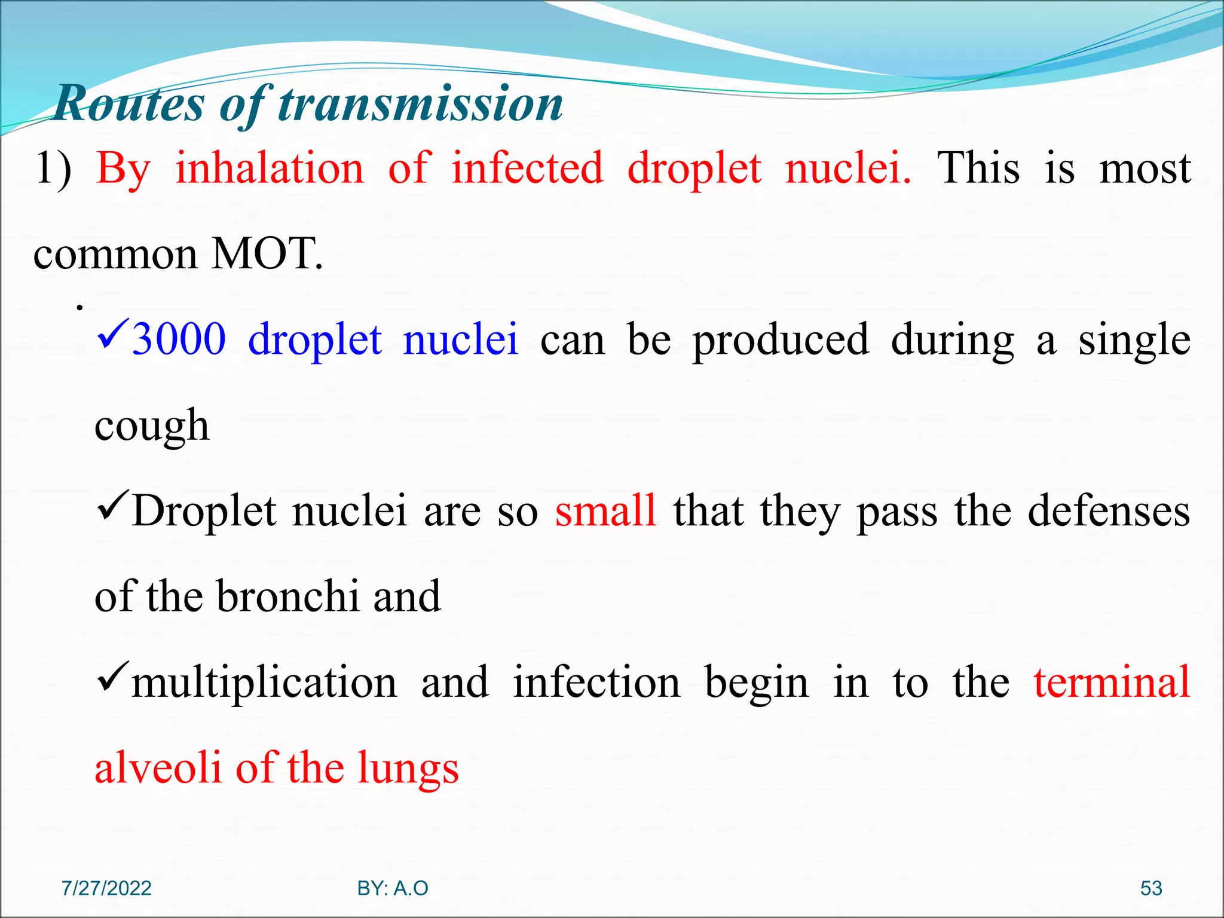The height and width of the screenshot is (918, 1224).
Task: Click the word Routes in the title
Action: pyautogui.click(x=129, y=103)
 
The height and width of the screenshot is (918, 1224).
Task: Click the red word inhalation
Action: pyautogui.click(x=269, y=168)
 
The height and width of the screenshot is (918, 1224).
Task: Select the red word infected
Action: pyautogui.click(x=527, y=168)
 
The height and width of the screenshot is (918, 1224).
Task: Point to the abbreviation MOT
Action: pyautogui.click(x=267, y=254)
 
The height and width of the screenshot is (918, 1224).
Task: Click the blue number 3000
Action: pyautogui.click(x=179, y=339)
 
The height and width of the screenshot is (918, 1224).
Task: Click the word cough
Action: pyautogui.click(x=152, y=426)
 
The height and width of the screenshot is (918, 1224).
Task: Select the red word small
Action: pyautogui.click(x=605, y=511)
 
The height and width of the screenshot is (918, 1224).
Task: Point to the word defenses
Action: pyautogui.click(x=1109, y=511)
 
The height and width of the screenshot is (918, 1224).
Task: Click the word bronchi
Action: pyautogui.click(x=287, y=596)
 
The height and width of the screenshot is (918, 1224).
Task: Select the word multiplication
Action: pyautogui.click(x=264, y=683)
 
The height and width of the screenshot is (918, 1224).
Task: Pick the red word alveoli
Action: pyautogui.click(x=158, y=767)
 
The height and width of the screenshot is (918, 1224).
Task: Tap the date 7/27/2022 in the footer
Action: pyautogui.click(x=106, y=888)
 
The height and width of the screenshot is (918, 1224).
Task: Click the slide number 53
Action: pyautogui.click(x=1151, y=888)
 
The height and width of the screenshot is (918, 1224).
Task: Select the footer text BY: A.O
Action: pyautogui.click(x=393, y=888)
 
